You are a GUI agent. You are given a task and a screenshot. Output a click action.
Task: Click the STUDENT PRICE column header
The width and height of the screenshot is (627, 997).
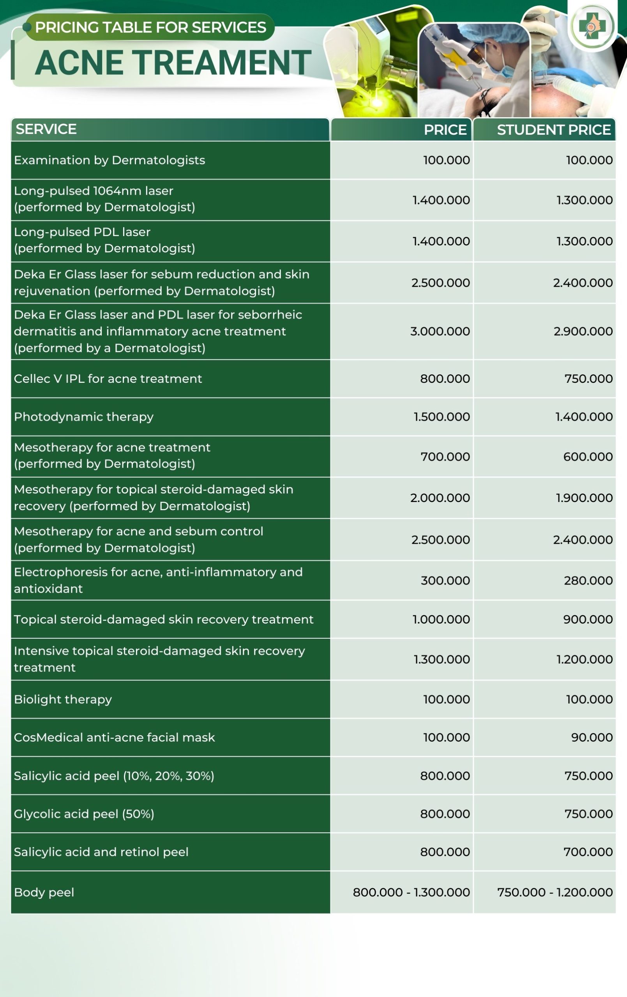pyautogui.click(x=553, y=130)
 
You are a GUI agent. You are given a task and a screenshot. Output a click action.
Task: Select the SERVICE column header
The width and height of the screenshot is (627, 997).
pyautogui.click(x=46, y=129)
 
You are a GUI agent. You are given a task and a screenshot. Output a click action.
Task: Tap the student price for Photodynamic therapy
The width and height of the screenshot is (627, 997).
pyautogui.click(x=583, y=417)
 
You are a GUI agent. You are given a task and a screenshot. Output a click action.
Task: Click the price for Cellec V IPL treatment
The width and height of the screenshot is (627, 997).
pyautogui.click(x=445, y=379)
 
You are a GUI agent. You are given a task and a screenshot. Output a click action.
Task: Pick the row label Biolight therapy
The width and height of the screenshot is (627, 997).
pyautogui.click(x=63, y=699)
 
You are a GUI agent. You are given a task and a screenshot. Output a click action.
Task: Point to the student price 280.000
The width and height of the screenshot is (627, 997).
pyautogui.click(x=588, y=580)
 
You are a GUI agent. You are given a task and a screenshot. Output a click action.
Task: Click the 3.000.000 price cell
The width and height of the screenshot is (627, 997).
pyautogui.click(x=440, y=331)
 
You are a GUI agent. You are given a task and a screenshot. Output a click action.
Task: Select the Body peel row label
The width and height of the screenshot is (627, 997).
pyautogui.click(x=44, y=892)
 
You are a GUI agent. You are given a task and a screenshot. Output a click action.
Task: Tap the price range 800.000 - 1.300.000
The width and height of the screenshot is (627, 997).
pyautogui.click(x=411, y=892)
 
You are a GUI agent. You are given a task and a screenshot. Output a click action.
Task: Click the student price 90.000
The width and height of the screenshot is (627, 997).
pyautogui.click(x=592, y=737)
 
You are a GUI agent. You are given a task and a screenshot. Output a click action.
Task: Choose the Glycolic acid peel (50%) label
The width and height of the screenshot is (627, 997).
pyautogui.click(x=84, y=814)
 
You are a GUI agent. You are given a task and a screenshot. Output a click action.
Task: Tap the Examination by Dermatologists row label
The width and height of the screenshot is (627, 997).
pyautogui.click(x=110, y=160)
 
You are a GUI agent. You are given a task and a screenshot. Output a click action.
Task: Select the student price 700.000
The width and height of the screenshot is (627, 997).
pyautogui.click(x=588, y=852)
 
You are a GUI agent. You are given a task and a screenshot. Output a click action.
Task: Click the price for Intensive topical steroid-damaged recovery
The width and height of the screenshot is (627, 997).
pyautogui.click(x=442, y=659)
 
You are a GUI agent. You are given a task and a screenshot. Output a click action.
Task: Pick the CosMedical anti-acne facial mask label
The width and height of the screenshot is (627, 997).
pyautogui.click(x=115, y=737)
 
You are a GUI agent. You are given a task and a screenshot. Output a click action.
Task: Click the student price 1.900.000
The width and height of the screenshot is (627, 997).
pyautogui.click(x=584, y=498)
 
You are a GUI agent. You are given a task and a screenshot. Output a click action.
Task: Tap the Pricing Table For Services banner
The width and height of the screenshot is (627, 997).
pyautogui.click(x=150, y=27)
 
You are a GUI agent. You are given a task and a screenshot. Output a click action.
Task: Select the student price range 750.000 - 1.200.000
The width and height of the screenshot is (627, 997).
pyautogui.click(x=555, y=892)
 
